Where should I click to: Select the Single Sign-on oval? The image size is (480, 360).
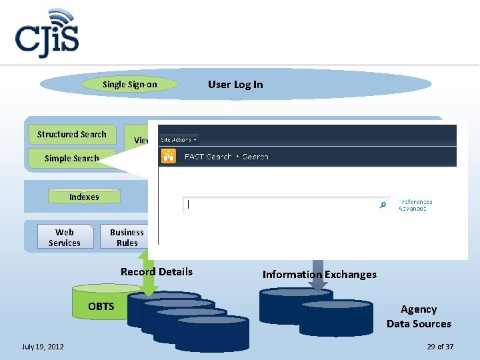pyautogui.click(x=130, y=84)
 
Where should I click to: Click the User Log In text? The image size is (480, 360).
pyautogui.click(x=235, y=84)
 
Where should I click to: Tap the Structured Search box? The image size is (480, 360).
pyautogui.click(x=72, y=134)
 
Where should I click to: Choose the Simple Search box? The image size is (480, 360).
pyautogui.click(x=71, y=158)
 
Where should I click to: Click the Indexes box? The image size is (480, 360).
pyautogui.click(x=84, y=197)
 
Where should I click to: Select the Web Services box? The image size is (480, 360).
pyautogui.click(x=65, y=237)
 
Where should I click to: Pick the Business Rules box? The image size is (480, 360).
pyautogui.click(x=127, y=237)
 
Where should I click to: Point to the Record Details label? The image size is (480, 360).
pyautogui.click(x=157, y=271)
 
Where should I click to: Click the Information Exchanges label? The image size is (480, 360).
pyautogui.click(x=319, y=274)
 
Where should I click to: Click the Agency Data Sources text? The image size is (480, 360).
pyautogui.click(x=419, y=317)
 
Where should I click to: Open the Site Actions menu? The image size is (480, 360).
pyautogui.click(x=177, y=140)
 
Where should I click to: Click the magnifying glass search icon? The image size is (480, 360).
pyautogui.click(x=383, y=205)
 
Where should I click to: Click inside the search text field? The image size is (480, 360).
pyautogui.click(x=280, y=205)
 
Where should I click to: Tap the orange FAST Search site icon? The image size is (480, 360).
pyautogui.click(x=169, y=157)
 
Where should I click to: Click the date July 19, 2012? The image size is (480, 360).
pyautogui.click(x=43, y=347)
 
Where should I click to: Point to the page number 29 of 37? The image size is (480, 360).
pyautogui.click(x=440, y=347)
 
